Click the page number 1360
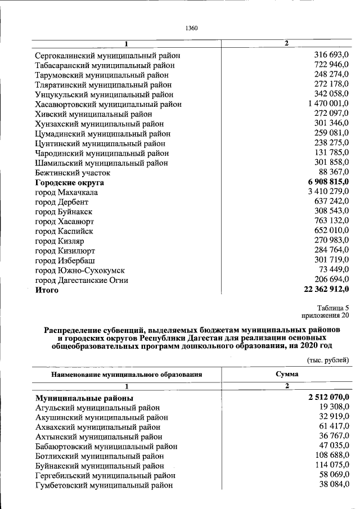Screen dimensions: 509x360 (192, 28)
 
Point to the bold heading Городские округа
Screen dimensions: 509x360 (69, 183)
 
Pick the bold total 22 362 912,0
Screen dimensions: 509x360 (323, 290)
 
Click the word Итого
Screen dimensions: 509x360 (47, 290)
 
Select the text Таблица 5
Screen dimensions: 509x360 (333, 308)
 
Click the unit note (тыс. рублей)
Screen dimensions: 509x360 (328, 360)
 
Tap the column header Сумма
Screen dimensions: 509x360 (286, 374)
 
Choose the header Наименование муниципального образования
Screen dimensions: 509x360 (127, 374)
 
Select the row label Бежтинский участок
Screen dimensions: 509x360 (73, 173)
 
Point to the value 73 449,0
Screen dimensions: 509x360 (332, 270)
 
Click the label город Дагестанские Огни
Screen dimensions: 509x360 (82, 280)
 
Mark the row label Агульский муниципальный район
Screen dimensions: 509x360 (97, 408)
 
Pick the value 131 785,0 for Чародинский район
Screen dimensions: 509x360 (331, 153)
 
